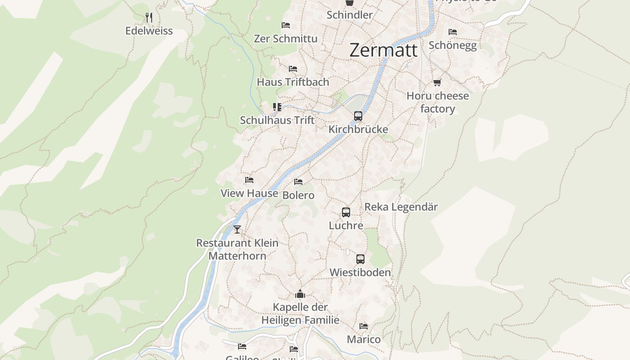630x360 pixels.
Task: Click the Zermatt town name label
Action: (x=383, y=50)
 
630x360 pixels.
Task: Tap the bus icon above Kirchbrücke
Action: (x=358, y=116)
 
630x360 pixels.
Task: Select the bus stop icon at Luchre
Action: (x=346, y=212)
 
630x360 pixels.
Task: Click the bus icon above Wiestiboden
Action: (x=360, y=259)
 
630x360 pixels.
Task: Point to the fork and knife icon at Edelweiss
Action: (x=149, y=18)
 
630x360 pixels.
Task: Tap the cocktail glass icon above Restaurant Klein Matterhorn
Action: (x=237, y=229)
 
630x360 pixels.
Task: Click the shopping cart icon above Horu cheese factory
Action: (x=437, y=82)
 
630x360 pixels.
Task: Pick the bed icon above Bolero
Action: (x=298, y=182)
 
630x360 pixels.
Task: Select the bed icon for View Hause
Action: (x=249, y=180)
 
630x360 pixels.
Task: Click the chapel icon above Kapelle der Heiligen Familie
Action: (x=300, y=294)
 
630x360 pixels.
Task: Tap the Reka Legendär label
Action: (x=401, y=207)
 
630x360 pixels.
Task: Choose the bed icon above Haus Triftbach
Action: (x=293, y=69)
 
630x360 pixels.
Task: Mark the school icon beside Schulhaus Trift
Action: (x=277, y=107)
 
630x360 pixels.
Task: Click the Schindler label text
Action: (x=350, y=15)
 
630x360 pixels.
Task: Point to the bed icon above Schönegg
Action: (x=453, y=31)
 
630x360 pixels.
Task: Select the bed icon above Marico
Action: (x=364, y=326)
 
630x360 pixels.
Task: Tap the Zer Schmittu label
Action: (x=286, y=39)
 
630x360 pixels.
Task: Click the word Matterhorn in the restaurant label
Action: (x=237, y=256)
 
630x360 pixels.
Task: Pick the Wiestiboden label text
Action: (x=360, y=272)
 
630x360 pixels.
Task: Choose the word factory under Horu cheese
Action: (x=437, y=108)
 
